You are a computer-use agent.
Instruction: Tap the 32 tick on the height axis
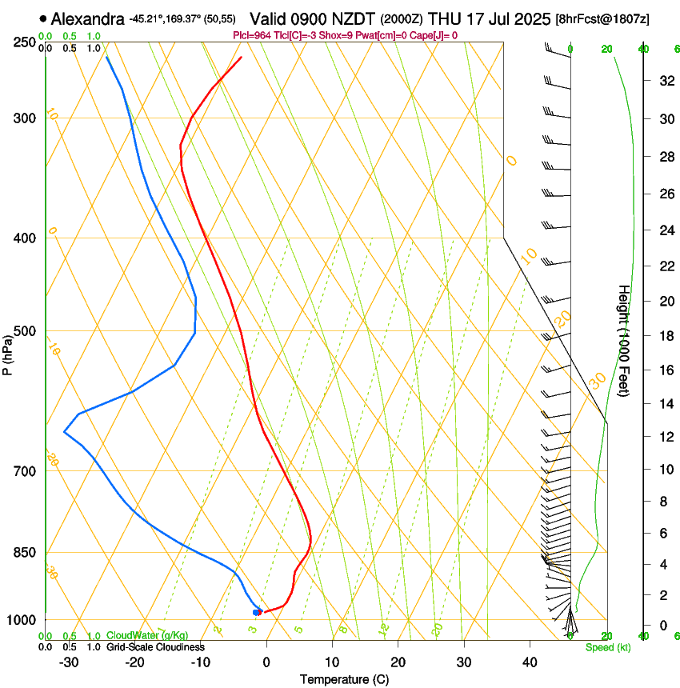tap(666, 81)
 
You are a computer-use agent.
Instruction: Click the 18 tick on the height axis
tap(666, 336)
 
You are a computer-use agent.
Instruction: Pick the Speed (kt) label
tap(607, 647)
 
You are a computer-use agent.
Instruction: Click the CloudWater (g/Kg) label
tap(147, 636)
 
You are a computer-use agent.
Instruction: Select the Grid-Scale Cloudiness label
tap(155, 647)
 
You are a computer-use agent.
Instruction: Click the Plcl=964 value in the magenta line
tap(253, 35)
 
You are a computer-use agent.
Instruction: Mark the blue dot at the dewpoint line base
tap(256, 612)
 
